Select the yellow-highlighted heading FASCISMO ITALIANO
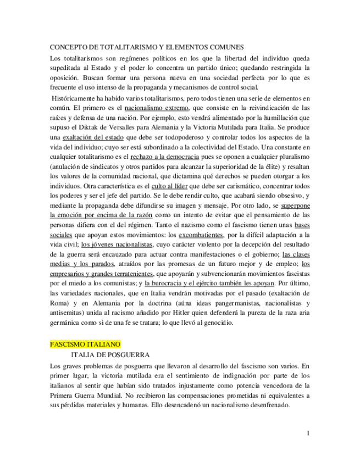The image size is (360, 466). point(85,344)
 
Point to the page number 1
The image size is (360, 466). point(308,433)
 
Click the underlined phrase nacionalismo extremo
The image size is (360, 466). point(157,108)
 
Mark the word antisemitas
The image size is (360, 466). point(67,313)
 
